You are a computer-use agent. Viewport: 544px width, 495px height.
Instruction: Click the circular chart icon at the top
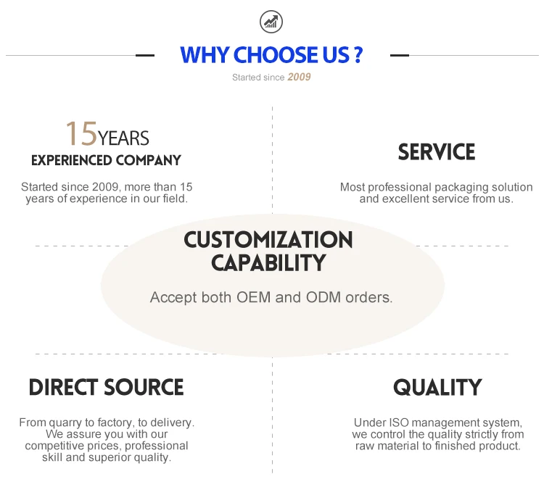pos(272,22)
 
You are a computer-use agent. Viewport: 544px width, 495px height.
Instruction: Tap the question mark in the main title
pos(358,55)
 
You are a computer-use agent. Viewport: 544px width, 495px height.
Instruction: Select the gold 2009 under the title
pos(299,77)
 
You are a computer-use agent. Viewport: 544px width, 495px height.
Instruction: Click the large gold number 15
pos(81,134)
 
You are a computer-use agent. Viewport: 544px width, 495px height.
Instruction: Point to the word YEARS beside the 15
pos(124,138)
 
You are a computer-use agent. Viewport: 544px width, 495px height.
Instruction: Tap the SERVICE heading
pos(437,152)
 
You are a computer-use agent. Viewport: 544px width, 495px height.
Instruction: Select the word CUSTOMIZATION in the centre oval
pos(268,239)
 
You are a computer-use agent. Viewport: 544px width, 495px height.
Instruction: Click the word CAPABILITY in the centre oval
pos(268,263)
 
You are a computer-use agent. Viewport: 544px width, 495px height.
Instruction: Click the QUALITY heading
pos(437,388)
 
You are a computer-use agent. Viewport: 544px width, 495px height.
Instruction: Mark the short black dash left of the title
pos(145,55)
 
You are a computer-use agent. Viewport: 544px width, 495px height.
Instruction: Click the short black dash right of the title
pos(400,55)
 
